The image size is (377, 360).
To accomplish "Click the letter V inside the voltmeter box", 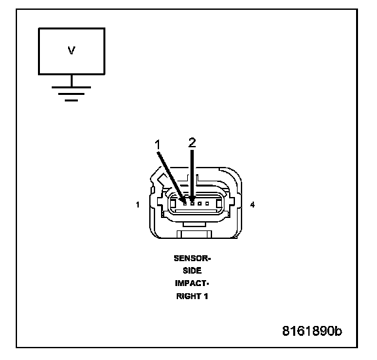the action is coord(71,50).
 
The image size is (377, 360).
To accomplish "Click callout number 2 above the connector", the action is coord(192,143).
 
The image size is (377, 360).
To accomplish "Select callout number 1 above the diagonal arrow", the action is coord(157,145).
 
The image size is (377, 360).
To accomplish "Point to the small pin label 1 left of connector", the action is coord(137,205).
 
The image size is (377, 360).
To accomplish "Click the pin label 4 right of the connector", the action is coord(252,205).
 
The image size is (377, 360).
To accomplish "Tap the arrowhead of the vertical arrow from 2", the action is coord(192,198).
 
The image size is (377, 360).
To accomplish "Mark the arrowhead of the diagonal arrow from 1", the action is coord(183,198).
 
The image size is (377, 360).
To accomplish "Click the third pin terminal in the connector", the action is coord(200,204).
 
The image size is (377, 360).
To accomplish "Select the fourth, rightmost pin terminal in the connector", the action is coord(207,204).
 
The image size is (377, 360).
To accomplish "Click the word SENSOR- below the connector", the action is coord(192,259).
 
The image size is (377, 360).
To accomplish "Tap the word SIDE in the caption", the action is coord(192,270).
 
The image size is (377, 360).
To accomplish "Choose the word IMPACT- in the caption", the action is coord(192,283).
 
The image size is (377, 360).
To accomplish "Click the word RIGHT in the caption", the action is coord(188,296).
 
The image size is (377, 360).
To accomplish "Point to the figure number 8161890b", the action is coord(312,331).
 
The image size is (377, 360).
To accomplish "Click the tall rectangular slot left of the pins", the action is coord(173,204).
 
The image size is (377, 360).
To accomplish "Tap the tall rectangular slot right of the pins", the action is coord(219,204).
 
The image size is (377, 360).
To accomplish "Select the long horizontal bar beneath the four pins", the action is coord(196,211).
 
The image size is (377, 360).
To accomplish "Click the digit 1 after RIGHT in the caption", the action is coord(206,296).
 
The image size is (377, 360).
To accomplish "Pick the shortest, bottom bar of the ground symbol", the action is coord(71,100).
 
